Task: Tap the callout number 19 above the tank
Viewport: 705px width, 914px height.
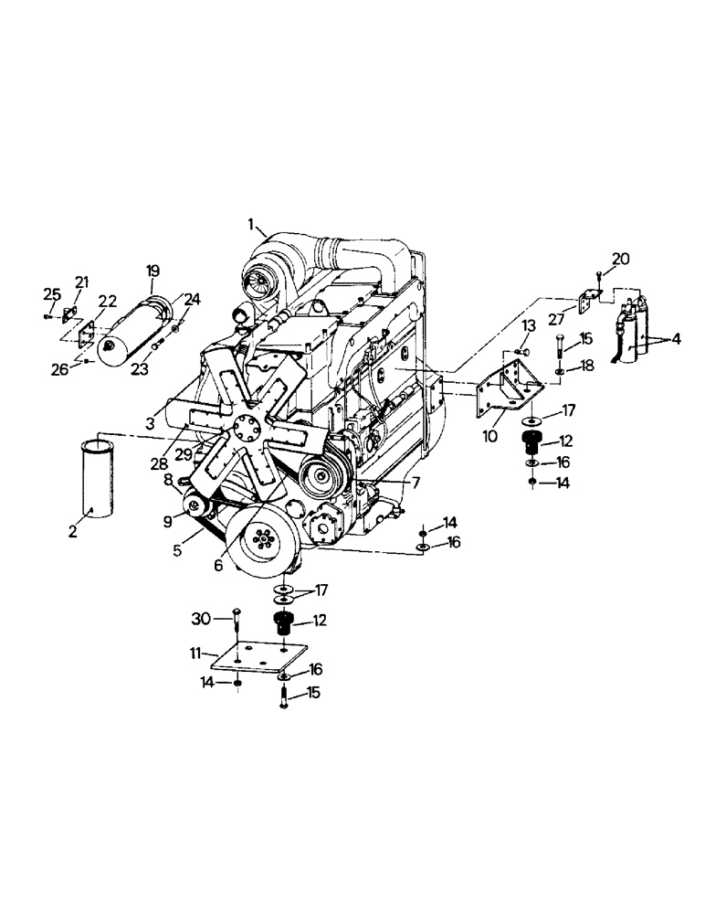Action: pos(153,271)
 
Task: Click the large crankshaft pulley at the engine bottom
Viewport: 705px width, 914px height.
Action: pos(265,540)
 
